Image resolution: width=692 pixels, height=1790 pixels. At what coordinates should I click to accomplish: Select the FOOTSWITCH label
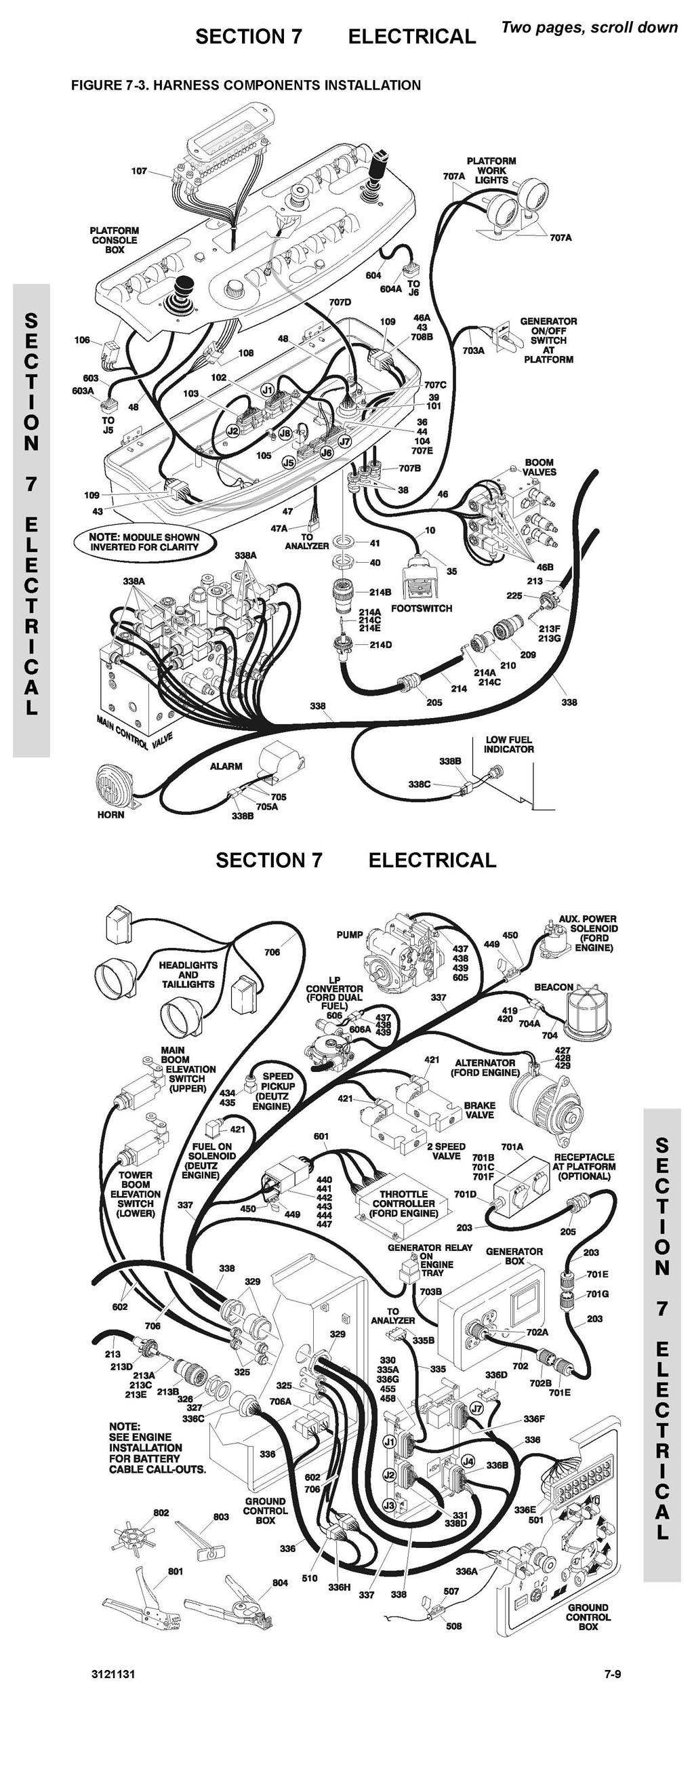(421, 608)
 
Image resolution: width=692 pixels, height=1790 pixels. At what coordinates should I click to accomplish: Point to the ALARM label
(226, 765)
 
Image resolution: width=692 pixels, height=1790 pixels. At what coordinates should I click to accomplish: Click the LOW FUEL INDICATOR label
(508, 744)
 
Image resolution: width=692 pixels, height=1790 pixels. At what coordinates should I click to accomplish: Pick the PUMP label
(350, 934)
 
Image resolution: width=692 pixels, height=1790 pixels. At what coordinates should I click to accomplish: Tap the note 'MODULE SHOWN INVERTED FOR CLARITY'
(144, 542)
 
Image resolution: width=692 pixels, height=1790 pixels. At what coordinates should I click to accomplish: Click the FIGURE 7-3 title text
(246, 85)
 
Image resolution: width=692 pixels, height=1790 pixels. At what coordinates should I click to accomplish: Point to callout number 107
(139, 171)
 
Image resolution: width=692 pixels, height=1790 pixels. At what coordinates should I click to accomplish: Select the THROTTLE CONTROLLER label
(403, 1204)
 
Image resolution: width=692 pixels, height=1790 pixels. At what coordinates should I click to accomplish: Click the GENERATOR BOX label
(514, 1256)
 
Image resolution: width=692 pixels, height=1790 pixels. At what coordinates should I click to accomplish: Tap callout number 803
(221, 1516)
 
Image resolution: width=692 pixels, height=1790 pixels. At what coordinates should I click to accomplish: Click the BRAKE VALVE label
(479, 1110)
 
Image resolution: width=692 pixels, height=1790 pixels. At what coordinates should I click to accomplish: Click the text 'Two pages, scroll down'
(589, 27)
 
